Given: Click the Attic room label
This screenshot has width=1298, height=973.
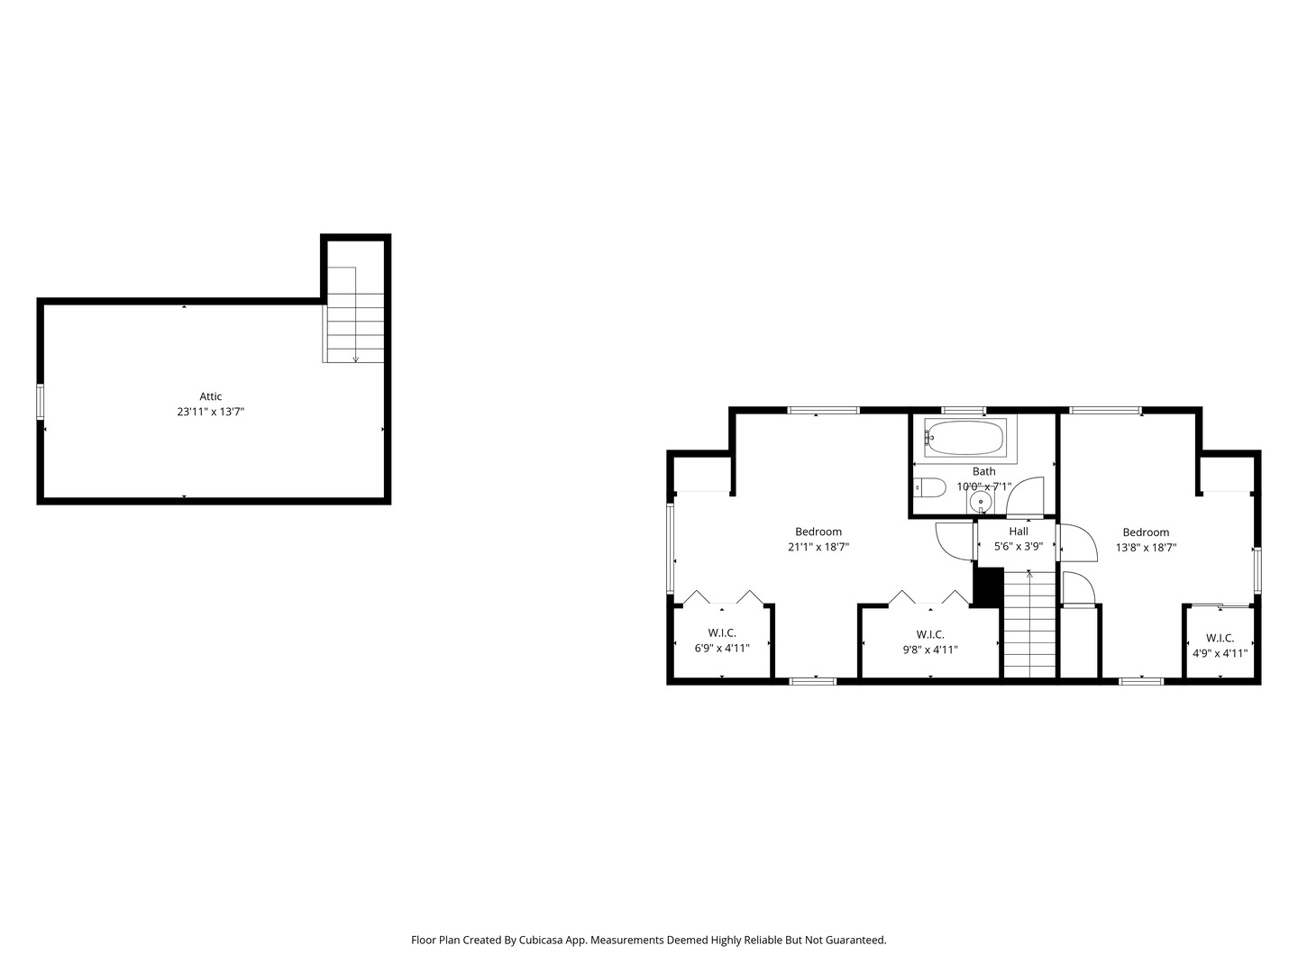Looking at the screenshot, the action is (211, 396).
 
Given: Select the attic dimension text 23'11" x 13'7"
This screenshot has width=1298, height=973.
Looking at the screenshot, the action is (211, 412).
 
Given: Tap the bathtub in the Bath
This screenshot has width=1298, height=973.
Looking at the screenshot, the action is (964, 438).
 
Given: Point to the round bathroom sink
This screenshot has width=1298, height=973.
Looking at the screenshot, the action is (981, 503).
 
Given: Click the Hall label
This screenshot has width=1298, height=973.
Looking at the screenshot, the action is (1019, 532).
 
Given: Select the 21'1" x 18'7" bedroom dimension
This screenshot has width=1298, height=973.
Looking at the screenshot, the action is (818, 547).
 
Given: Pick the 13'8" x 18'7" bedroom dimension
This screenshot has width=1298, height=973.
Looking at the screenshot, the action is (1146, 548).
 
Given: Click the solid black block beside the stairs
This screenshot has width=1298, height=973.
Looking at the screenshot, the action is (989, 587).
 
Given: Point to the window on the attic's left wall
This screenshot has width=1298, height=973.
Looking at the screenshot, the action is (41, 402).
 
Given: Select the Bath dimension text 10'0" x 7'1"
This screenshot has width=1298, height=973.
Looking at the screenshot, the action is (984, 486).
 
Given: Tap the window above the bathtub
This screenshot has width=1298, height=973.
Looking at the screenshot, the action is (964, 410).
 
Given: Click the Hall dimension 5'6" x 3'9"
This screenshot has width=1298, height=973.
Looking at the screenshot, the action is (1019, 547).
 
